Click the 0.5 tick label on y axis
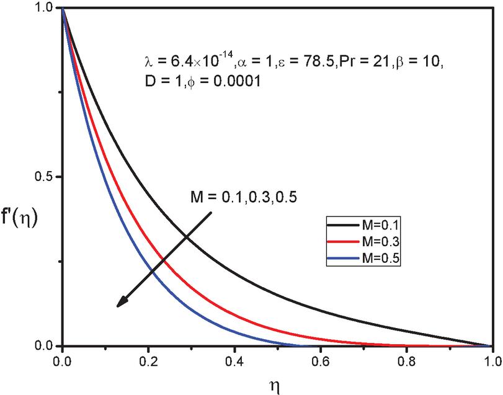(45, 177)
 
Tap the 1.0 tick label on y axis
(45, 8)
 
